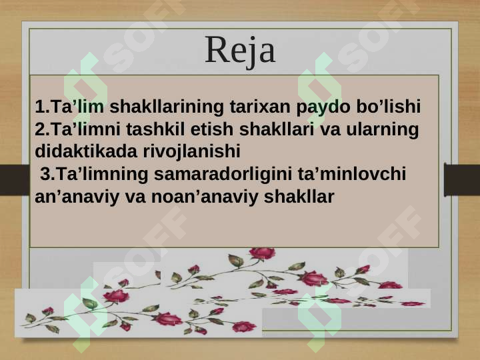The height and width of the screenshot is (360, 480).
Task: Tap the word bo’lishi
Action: pyautogui.click(x=388, y=106)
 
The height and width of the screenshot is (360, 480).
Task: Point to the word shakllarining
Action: pyautogui.click(x=167, y=107)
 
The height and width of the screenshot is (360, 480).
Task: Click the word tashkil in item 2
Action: pyautogui.click(x=155, y=129)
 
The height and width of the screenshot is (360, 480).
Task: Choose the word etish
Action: pyautogui.click(x=212, y=129)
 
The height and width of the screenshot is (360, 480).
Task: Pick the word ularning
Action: pyautogui.click(x=383, y=130)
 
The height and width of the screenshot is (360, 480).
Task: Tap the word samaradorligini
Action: pyautogui.click(x=223, y=175)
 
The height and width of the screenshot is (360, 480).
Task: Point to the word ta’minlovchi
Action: pyautogui.click(x=352, y=173)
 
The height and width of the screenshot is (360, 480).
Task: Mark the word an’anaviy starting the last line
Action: pyautogui.click(x=77, y=197)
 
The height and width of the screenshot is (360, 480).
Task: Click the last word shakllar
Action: pyautogui.click(x=299, y=196)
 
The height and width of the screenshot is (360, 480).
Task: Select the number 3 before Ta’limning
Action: pyautogui.click(x=45, y=174)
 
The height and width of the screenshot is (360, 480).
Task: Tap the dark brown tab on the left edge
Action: pyautogui.click(x=15, y=179)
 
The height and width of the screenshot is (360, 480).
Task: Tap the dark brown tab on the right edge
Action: pyautogui.click(x=462, y=180)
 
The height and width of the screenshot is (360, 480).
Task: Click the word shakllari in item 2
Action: pyautogui.click(x=277, y=129)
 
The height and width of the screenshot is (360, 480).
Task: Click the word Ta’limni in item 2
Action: pyautogui.click(x=85, y=129)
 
